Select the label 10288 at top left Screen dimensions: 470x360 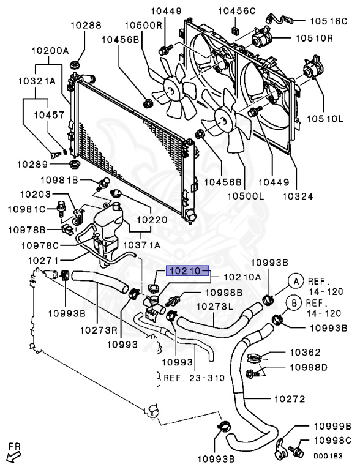point(85,26)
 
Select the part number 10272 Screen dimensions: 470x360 point(288,399)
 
